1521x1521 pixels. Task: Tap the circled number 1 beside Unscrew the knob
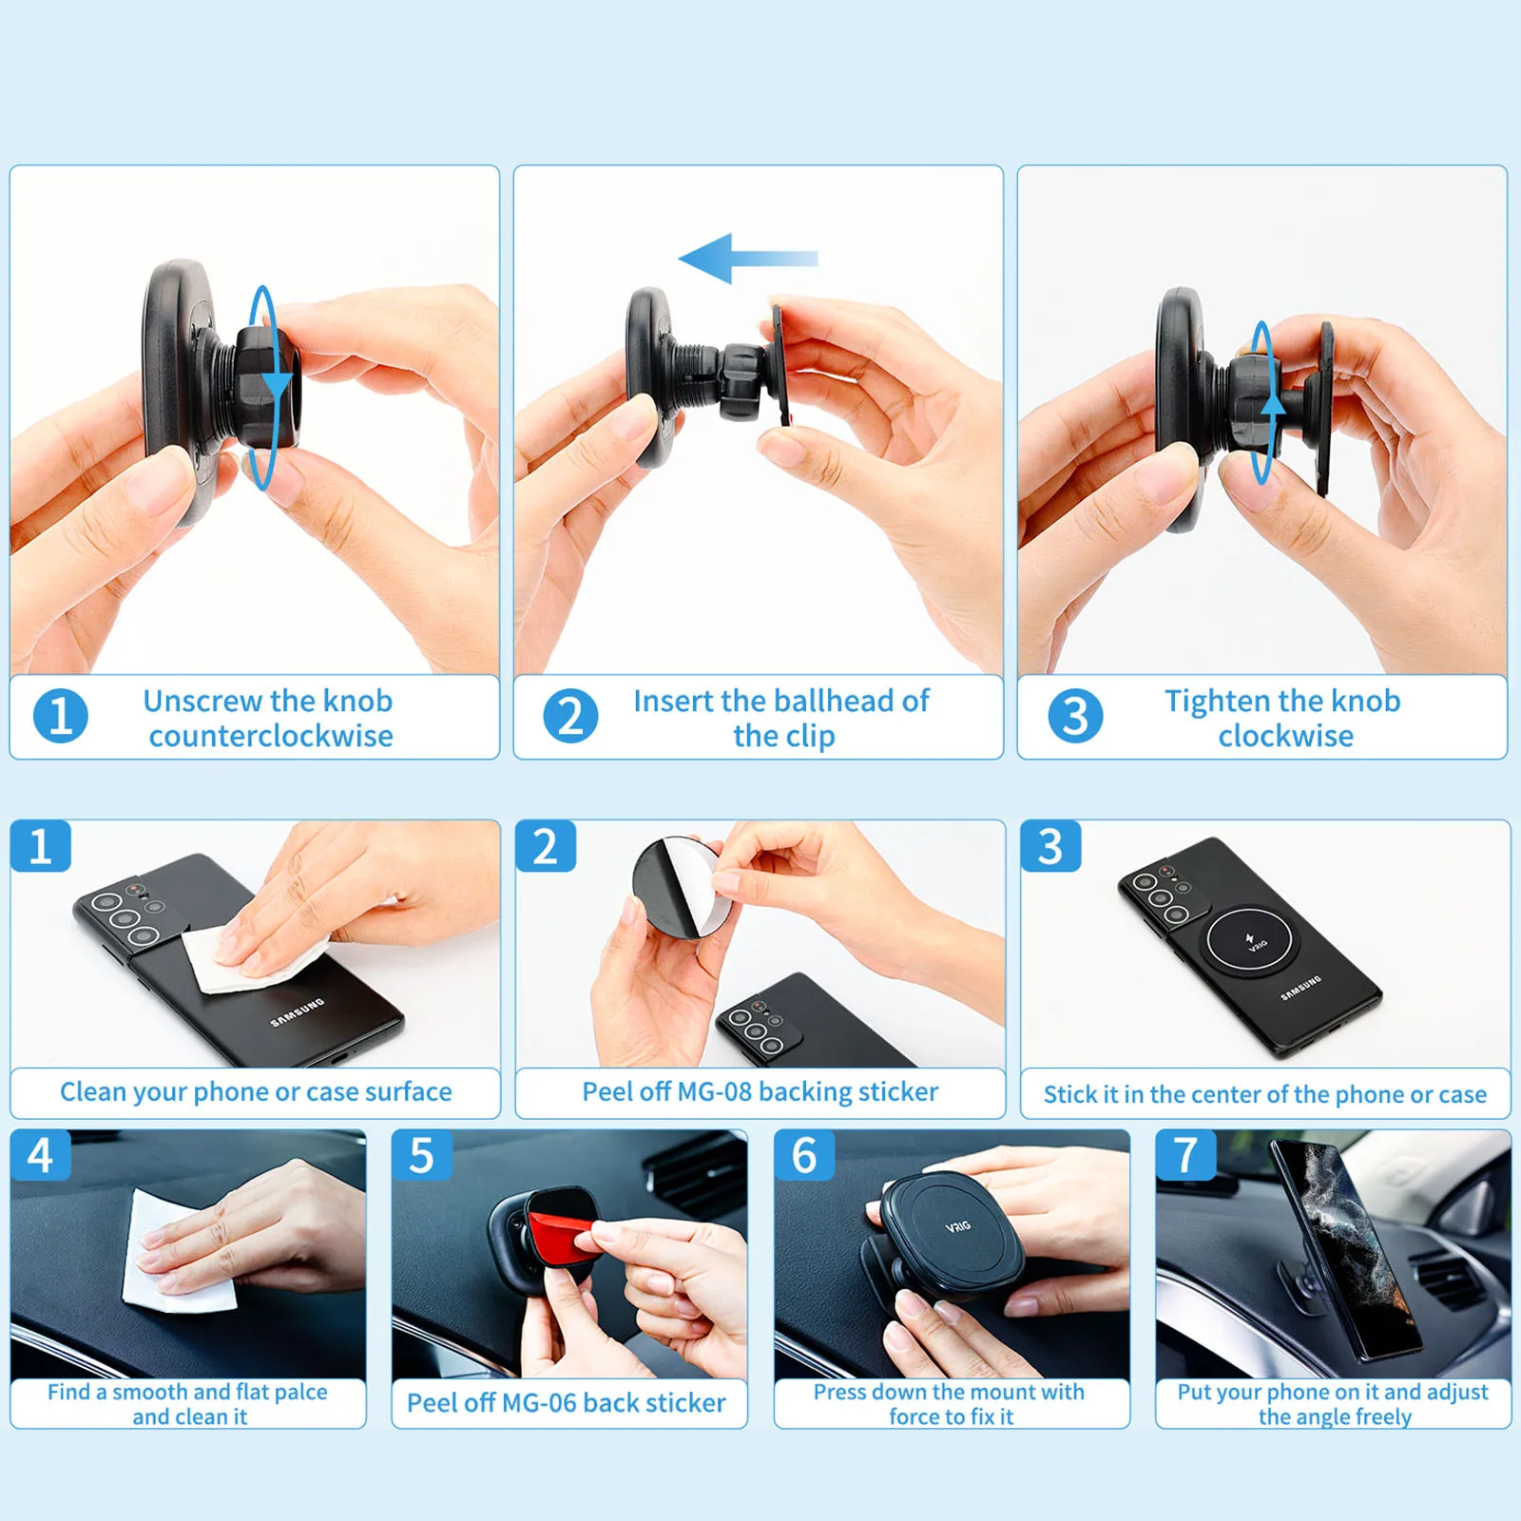60,716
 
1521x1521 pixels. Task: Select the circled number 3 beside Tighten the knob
1075,716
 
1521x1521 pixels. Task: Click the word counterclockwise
270,736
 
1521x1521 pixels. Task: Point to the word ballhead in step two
833,701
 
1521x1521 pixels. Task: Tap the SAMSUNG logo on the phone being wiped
298,1012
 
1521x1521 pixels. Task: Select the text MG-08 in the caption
711,1091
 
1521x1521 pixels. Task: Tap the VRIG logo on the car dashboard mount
957,1226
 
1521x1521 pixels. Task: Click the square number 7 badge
1185,1156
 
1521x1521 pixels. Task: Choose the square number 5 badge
421,1156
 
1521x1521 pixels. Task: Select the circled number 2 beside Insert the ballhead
570,716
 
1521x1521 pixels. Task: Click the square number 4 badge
40,1156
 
